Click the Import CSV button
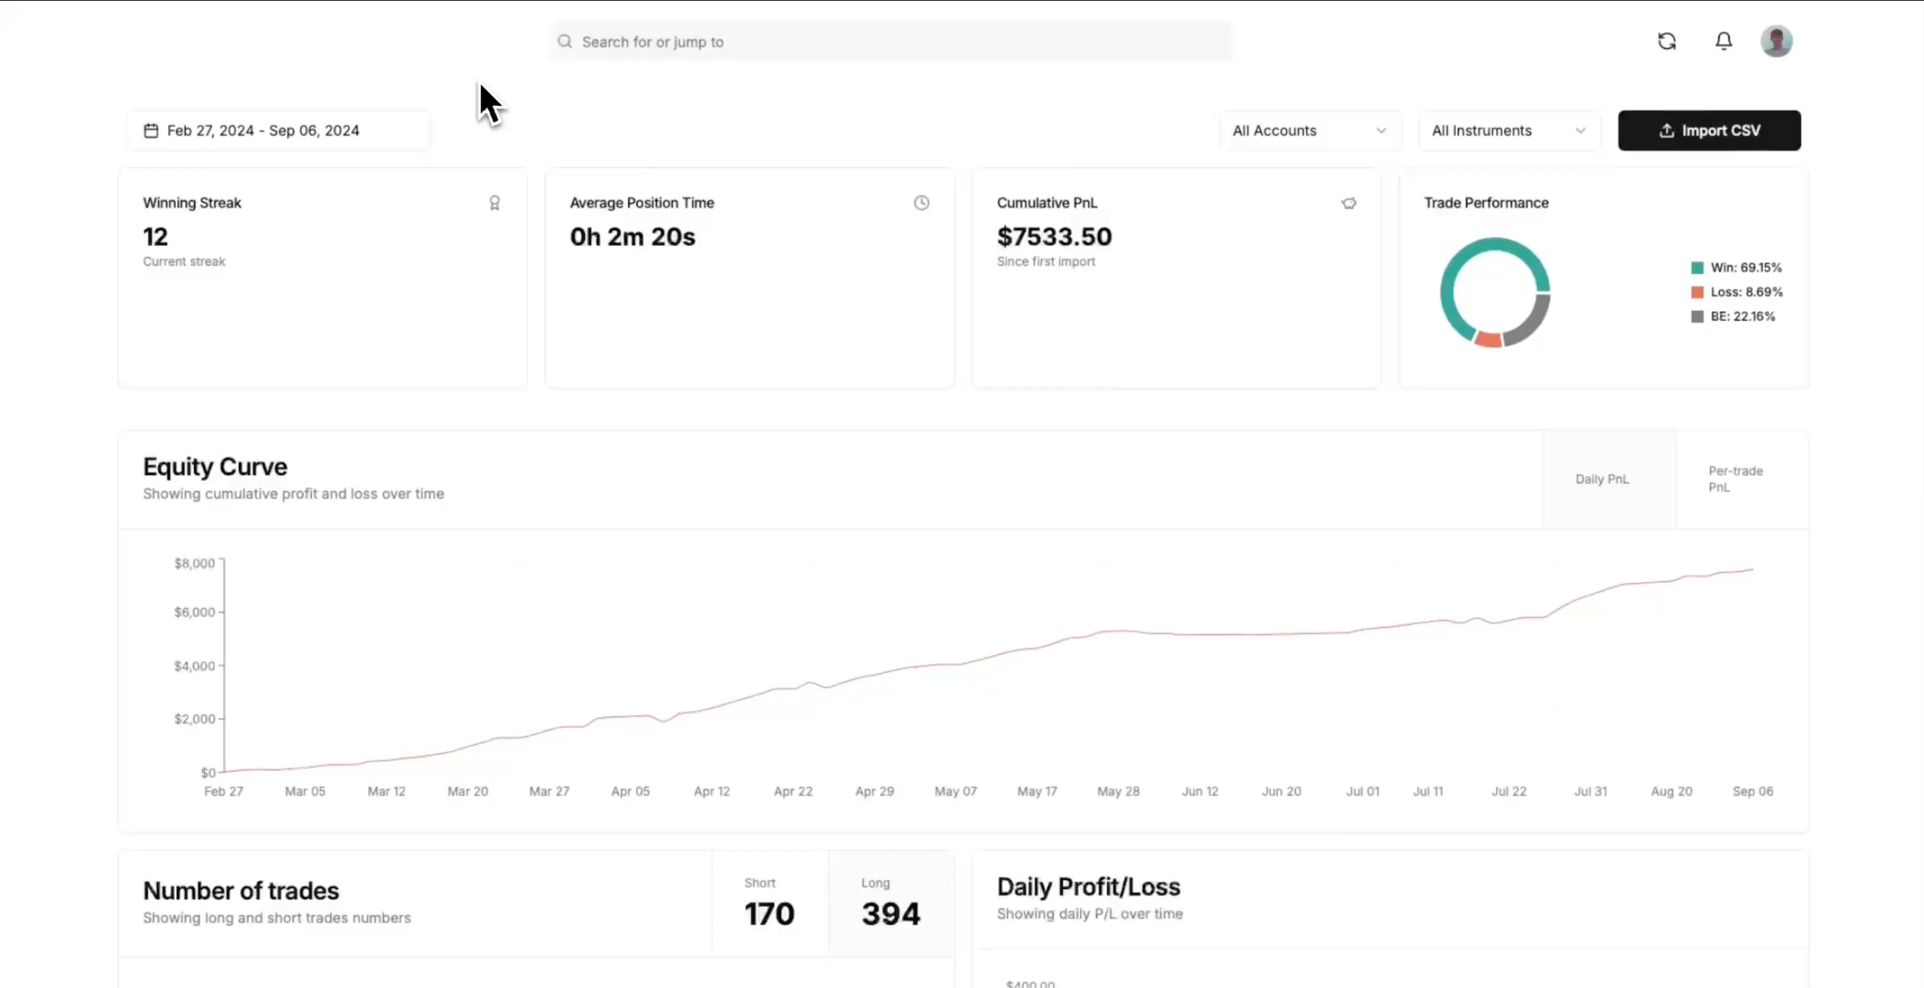(1709, 131)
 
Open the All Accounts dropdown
(1310, 131)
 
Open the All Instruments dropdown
(1509, 131)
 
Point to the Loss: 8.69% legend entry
(1737, 292)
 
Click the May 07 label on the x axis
(955, 792)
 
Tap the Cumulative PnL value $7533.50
(1054, 237)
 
